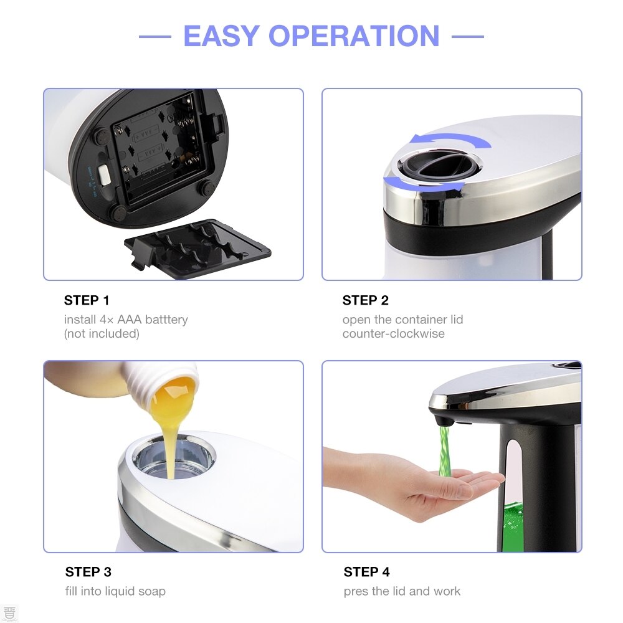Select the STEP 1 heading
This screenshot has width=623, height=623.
coord(87,300)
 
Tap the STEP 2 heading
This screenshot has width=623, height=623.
coord(365,300)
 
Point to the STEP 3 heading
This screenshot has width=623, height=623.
coord(88,572)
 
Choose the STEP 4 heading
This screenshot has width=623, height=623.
coord(367,572)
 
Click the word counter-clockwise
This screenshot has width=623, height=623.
coord(393,334)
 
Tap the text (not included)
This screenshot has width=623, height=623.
coord(102,334)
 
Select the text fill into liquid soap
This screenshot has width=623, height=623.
coord(115,591)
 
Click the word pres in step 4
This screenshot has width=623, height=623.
coord(356,591)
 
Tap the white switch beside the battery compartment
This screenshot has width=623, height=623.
coord(103,175)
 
